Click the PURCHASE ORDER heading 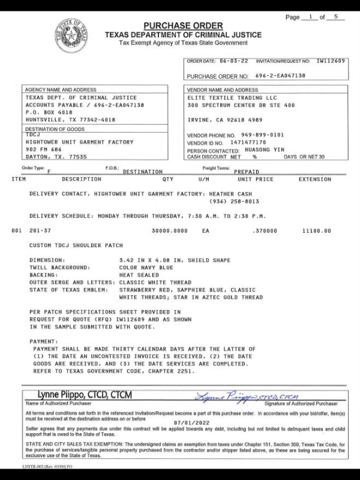coord(183,25)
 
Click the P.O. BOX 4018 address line coord(49,112)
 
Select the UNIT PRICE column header coord(255,179)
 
